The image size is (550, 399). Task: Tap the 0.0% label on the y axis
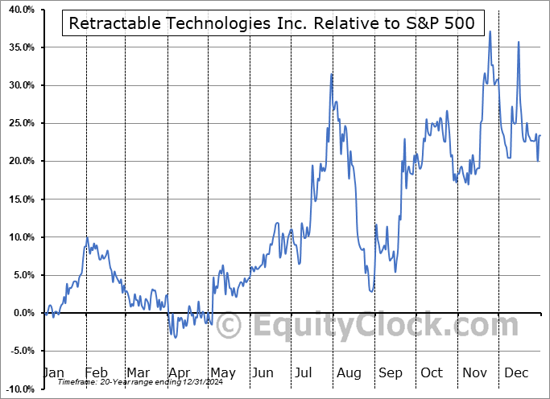pyautogui.click(x=23, y=313)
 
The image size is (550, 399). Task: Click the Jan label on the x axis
pyautogui.click(x=53, y=372)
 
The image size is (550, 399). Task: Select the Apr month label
pyautogui.click(x=179, y=372)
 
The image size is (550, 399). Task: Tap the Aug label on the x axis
pyautogui.click(x=348, y=372)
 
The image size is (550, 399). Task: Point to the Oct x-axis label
pyautogui.click(x=432, y=372)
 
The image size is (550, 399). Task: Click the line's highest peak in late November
pyautogui.click(x=490, y=31)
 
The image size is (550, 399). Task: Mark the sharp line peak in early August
pyautogui.click(x=331, y=74)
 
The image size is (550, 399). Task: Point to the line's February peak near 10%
pyautogui.click(x=87, y=237)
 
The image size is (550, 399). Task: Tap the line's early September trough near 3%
pyautogui.click(x=370, y=290)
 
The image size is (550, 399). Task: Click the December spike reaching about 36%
pyautogui.click(x=518, y=43)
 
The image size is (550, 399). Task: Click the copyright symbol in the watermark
pyautogui.click(x=230, y=327)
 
